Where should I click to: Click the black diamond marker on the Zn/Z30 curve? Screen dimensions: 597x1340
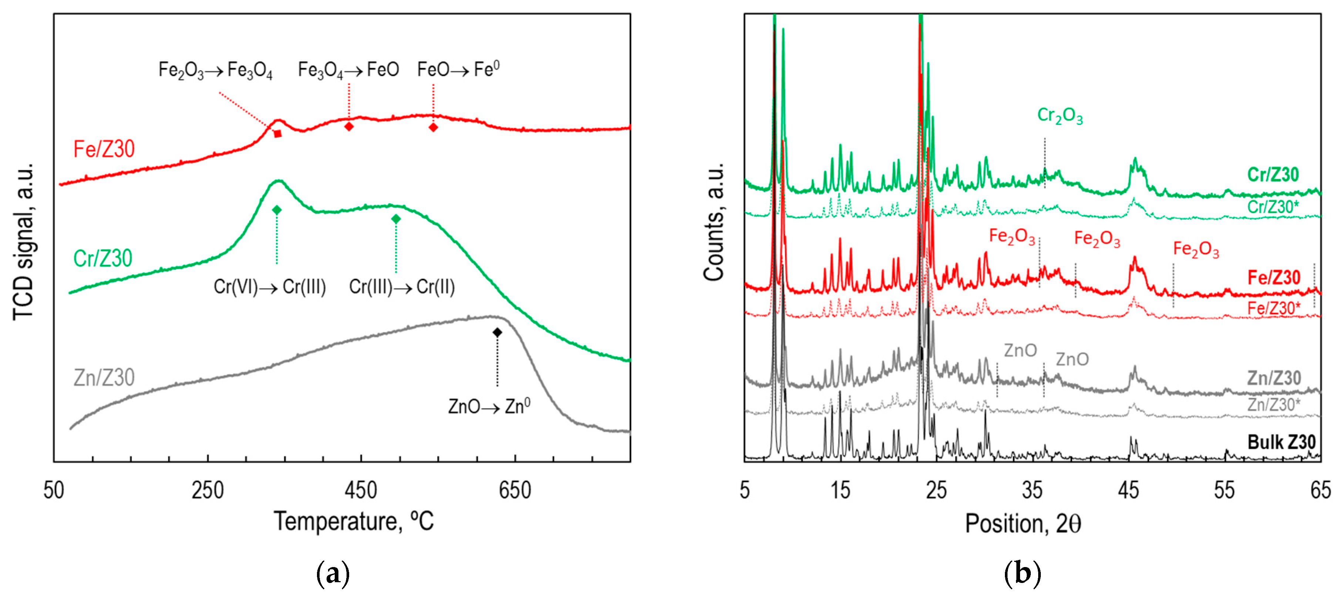[497, 332]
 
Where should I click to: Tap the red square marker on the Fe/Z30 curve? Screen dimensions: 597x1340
[278, 134]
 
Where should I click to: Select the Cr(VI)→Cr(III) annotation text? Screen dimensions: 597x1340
[270, 287]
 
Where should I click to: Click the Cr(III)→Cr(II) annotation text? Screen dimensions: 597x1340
[402, 287]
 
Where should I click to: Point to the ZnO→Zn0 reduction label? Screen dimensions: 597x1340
[489, 406]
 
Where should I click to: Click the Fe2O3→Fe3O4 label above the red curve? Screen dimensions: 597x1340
[215, 70]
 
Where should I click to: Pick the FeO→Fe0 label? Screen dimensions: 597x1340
[458, 69]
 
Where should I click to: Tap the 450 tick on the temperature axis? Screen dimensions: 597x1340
[361, 491]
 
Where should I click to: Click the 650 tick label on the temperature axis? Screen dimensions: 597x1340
[514, 491]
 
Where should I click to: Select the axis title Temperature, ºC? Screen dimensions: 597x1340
[354, 522]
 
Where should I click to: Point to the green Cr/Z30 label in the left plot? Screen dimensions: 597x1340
[103, 258]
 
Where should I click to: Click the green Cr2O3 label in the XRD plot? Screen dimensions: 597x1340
[1060, 115]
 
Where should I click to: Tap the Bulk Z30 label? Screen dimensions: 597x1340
[1281, 442]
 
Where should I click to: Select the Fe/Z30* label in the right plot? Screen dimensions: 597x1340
[1273, 308]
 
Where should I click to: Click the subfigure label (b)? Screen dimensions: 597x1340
[1022, 574]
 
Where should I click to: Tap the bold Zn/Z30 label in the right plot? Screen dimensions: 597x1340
[1273, 378]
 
